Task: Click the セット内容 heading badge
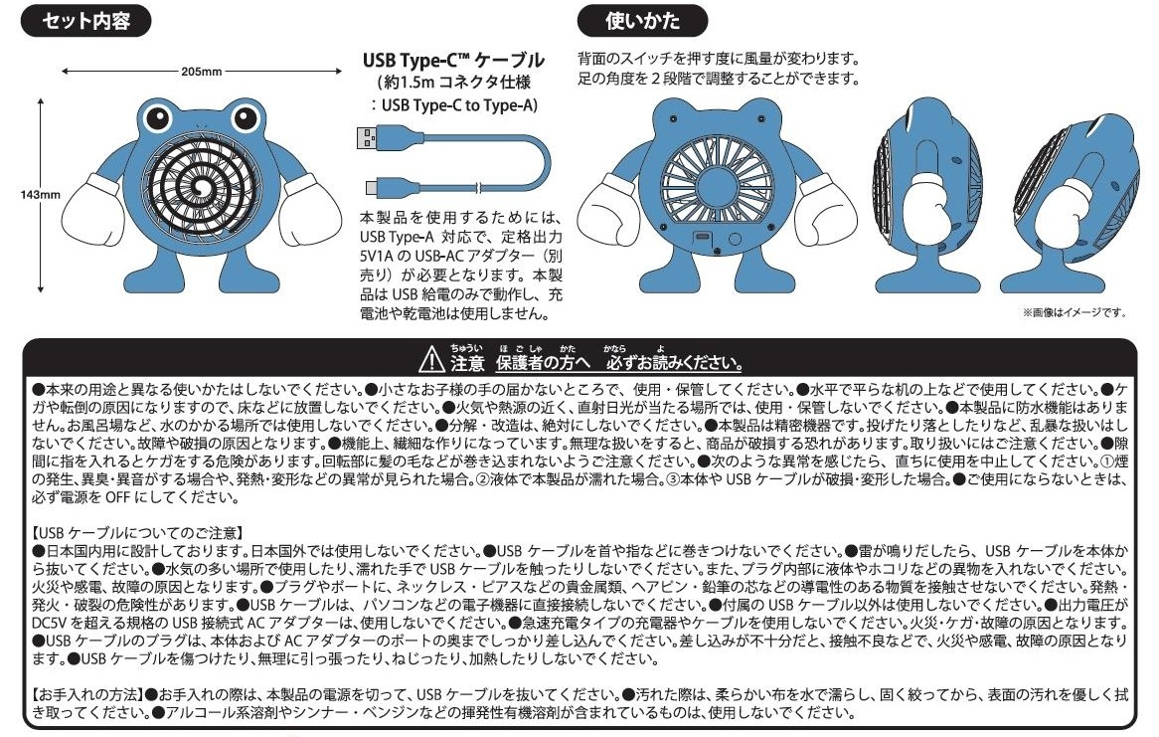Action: (85, 21)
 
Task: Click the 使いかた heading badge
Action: (642, 21)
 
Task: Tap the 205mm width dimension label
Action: (201, 72)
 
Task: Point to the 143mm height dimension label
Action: (40, 195)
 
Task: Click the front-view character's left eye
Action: (157, 118)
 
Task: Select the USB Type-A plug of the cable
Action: (368, 137)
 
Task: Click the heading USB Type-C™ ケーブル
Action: (453, 60)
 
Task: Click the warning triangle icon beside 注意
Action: (431, 360)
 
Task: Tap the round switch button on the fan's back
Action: (735, 239)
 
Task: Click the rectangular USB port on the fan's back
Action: (702, 237)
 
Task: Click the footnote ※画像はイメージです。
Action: (1074, 312)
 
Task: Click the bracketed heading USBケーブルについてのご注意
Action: (138, 533)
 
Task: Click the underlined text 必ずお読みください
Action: (674, 363)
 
